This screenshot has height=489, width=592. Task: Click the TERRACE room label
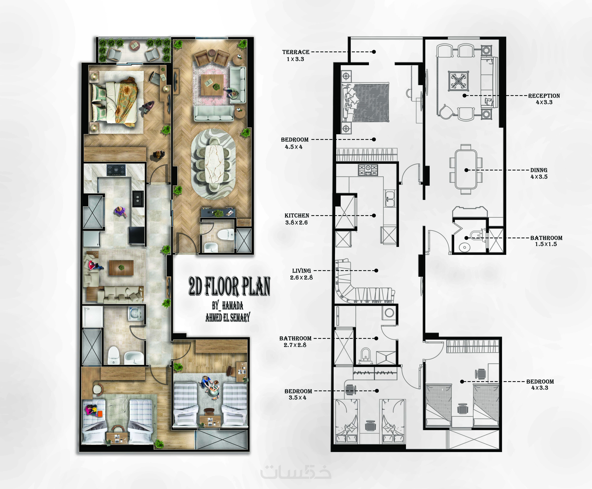pos(296,52)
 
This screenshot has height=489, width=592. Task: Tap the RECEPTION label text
pos(544,96)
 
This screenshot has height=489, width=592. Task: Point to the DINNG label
pos(539,170)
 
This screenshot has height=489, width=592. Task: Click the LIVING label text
pos(301,271)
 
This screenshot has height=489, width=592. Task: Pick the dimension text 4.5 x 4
pos(293,147)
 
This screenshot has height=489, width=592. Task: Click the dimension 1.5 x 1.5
pos(546,244)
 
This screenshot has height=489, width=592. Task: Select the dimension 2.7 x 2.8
pos(295,345)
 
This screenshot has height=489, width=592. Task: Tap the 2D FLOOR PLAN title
pos(229,286)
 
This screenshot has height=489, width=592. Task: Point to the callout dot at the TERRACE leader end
pos(374,52)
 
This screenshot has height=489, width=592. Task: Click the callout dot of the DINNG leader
pos(466,170)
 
